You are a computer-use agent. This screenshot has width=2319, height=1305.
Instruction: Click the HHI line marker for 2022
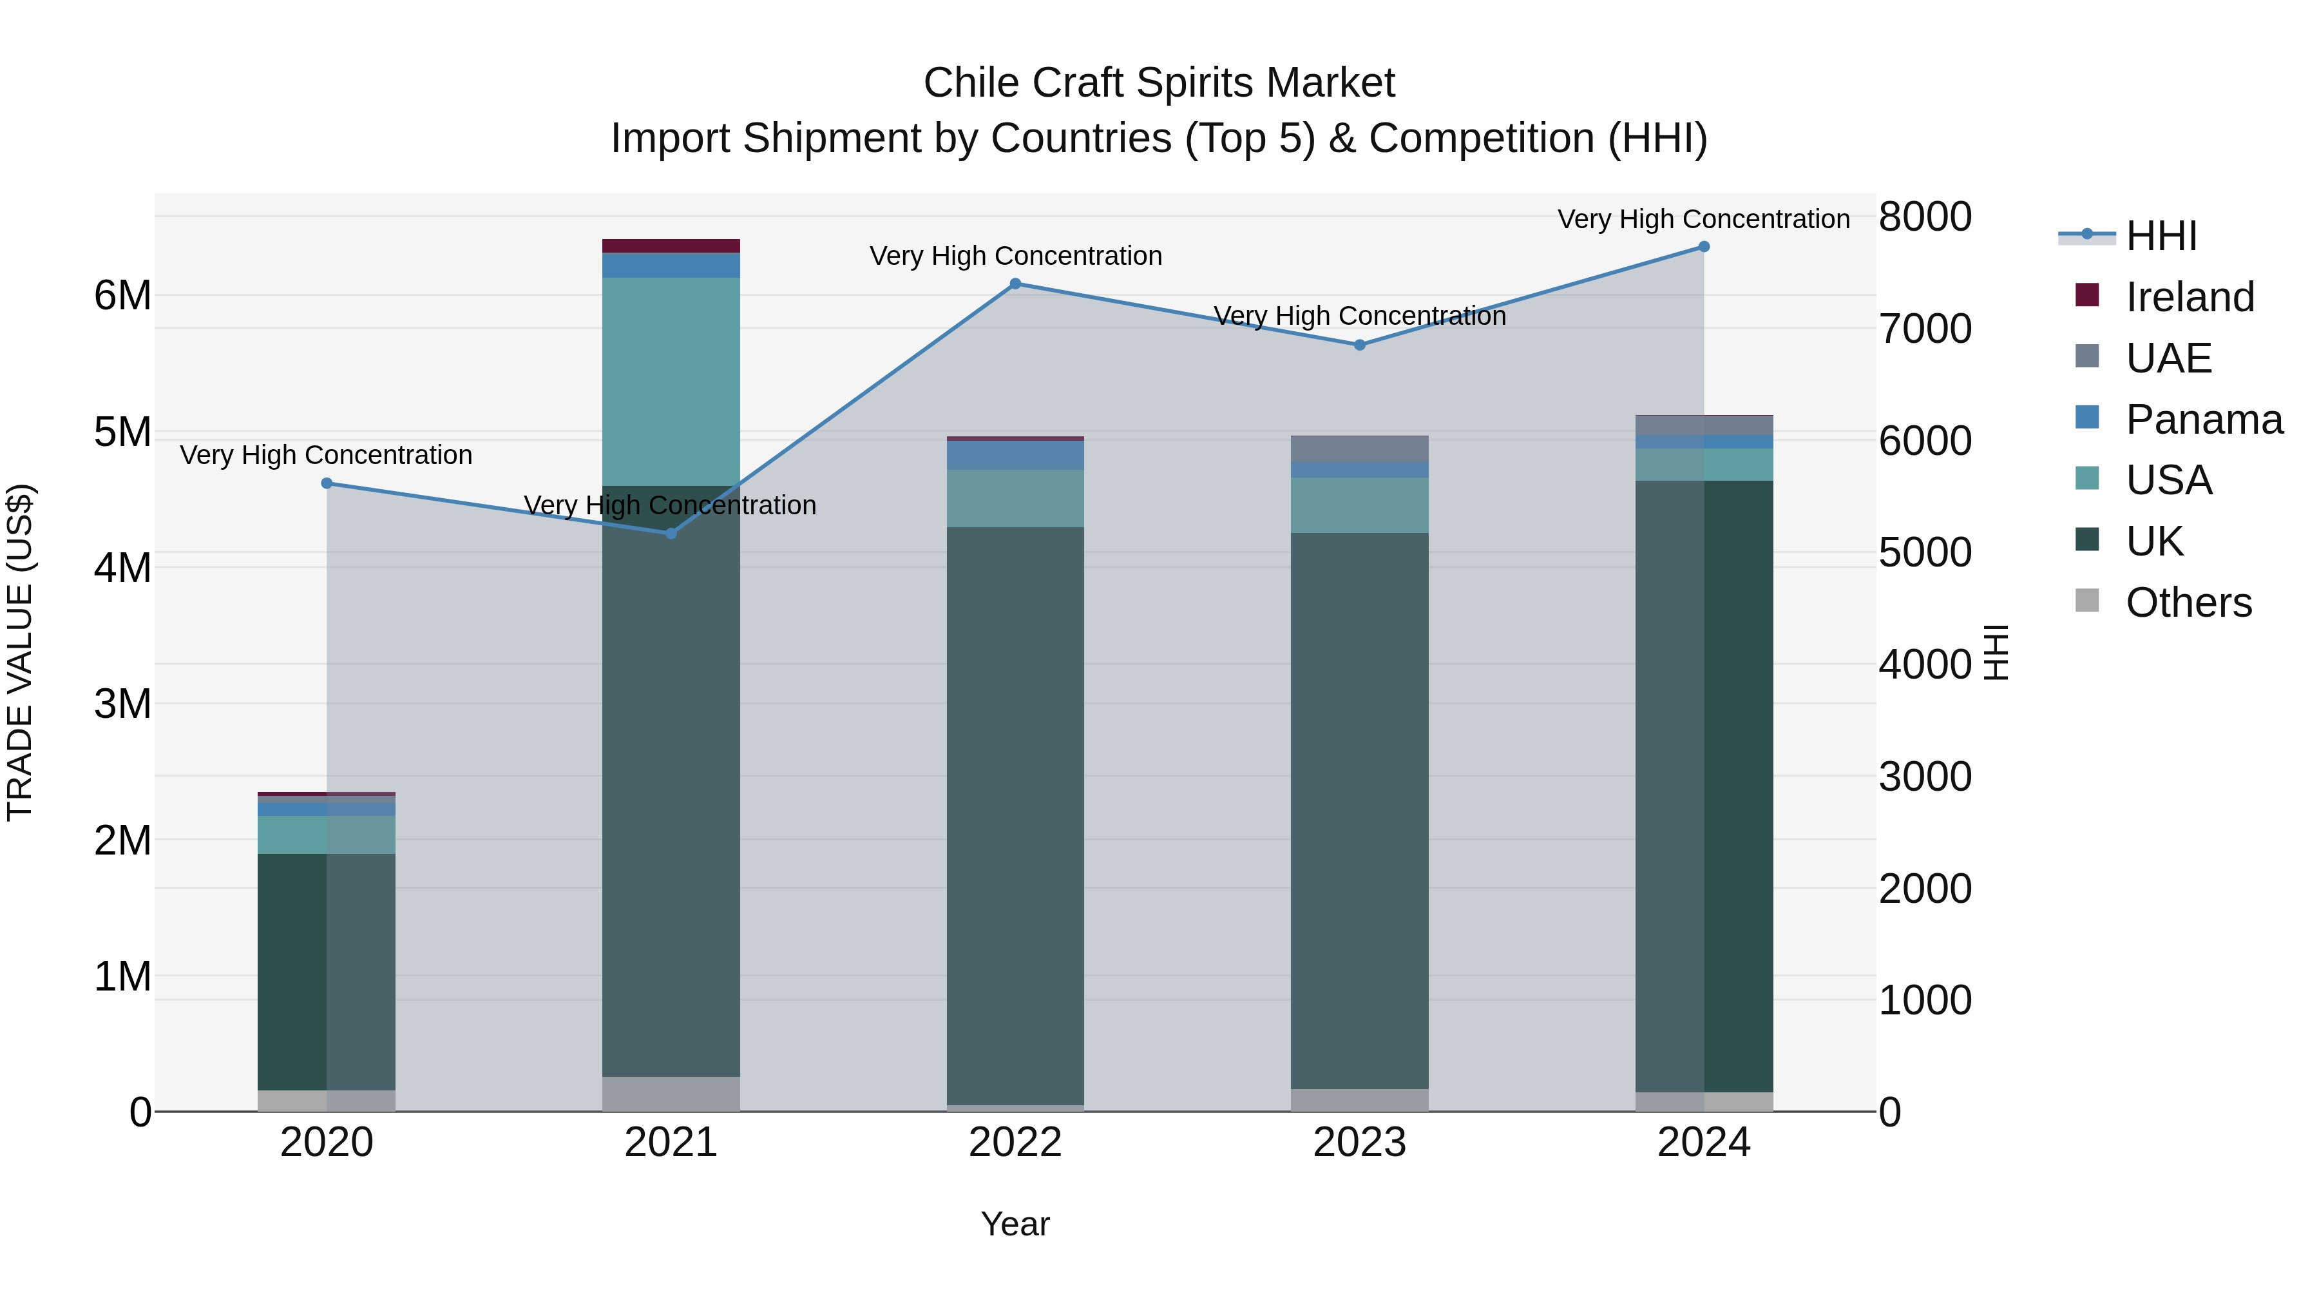(x=1015, y=284)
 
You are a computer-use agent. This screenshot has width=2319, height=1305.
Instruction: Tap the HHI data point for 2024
(x=1703, y=247)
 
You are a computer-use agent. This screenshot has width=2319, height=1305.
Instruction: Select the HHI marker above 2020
(x=327, y=483)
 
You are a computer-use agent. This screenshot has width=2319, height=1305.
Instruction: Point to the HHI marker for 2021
(x=671, y=533)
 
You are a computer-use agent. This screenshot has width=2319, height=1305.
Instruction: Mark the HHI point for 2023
(x=1359, y=345)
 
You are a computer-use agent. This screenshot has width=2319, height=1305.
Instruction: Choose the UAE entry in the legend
(x=2168, y=358)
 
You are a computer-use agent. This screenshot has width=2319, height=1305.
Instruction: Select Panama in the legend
(x=2203, y=419)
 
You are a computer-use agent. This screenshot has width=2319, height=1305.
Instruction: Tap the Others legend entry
(x=2188, y=603)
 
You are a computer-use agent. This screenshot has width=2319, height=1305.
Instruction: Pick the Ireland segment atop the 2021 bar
(x=671, y=246)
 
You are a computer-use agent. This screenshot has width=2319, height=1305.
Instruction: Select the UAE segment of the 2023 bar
(x=1359, y=449)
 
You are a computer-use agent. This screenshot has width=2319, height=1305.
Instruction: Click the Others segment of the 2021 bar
(x=671, y=1094)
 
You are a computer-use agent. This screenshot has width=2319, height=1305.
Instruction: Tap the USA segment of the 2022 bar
(x=1015, y=498)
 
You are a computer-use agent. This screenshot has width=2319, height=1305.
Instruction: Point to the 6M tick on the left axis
(x=122, y=295)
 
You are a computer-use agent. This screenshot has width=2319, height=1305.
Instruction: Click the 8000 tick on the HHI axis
(x=1925, y=217)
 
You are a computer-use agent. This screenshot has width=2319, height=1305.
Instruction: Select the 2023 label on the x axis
(x=1359, y=1142)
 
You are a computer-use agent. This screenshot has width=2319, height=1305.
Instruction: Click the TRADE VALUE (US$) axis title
(x=20, y=652)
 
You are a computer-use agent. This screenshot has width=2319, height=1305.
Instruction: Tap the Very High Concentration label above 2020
(x=326, y=455)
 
